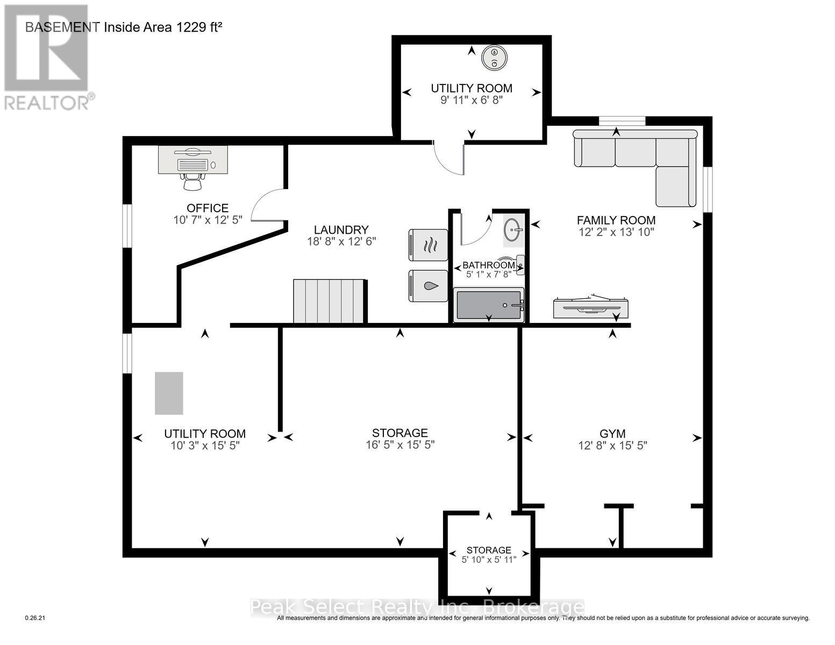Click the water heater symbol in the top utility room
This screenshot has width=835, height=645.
click(x=494, y=58)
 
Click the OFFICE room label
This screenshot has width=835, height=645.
click(x=207, y=208)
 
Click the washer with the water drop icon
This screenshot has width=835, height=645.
click(x=428, y=286)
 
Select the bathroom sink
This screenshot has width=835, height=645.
click(x=513, y=230)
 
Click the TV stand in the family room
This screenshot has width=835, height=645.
click(x=590, y=306)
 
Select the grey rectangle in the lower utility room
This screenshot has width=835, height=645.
click(x=169, y=393)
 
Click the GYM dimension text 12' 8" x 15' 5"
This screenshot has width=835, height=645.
click(x=612, y=446)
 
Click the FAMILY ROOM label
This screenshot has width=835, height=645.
click(x=616, y=220)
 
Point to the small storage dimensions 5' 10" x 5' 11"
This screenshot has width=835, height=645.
click(x=489, y=560)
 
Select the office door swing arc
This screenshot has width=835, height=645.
click(x=266, y=204)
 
